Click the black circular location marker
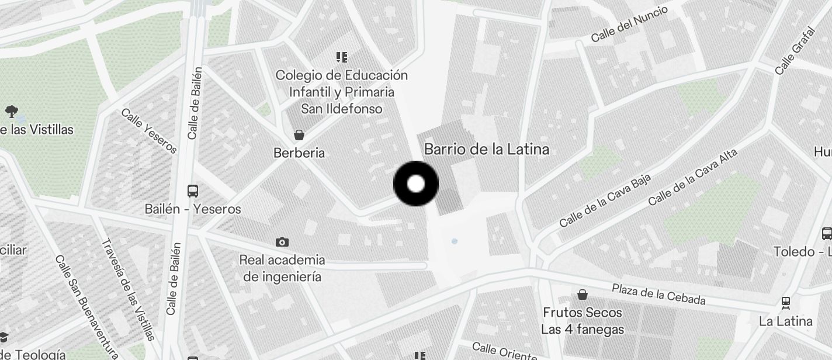pos(416,184)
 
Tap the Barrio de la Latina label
pos(486,149)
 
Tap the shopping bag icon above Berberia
pos(299,136)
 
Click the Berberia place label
pos(299,153)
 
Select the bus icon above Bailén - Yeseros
pos(192,191)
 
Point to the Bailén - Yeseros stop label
pos(193,209)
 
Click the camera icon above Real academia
pos(282,242)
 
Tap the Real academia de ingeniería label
pos(282,268)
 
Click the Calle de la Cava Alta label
pos(692,178)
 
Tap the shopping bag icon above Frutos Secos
pos(583,295)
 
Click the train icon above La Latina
pos(786,303)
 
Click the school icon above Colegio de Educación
pos(342,57)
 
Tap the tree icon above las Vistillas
pos(11,111)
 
